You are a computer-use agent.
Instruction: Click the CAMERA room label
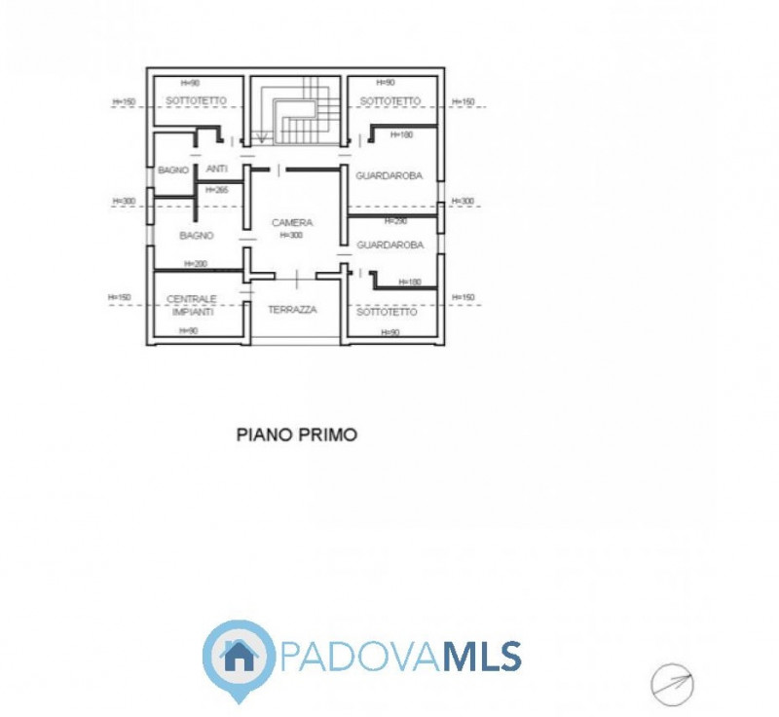pos(292,223)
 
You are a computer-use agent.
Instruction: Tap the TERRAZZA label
pos(292,309)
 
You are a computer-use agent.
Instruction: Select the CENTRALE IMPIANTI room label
pos(193,305)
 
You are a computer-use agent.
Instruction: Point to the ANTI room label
pos(216,170)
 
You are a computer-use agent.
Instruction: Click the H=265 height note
pos(216,190)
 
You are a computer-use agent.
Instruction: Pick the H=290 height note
pos(394,221)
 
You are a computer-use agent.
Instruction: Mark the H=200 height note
pos(195,264)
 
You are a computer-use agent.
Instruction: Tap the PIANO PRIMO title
pos(297,435)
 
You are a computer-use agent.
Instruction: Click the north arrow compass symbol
pos(672,683)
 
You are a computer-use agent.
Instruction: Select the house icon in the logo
pos(239,656)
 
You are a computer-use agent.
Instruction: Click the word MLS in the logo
pos(483,656)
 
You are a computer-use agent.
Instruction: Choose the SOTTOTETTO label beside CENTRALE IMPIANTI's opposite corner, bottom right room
pos(387,312)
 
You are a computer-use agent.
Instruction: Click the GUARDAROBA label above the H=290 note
pos(389,175)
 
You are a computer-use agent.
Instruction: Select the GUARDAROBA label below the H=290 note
pos(389,245)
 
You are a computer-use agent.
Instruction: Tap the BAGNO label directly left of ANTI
pos(173,170)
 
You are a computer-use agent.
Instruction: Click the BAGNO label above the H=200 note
pos(196,236)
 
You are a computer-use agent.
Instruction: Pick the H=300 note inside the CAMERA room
pos(292,235)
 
